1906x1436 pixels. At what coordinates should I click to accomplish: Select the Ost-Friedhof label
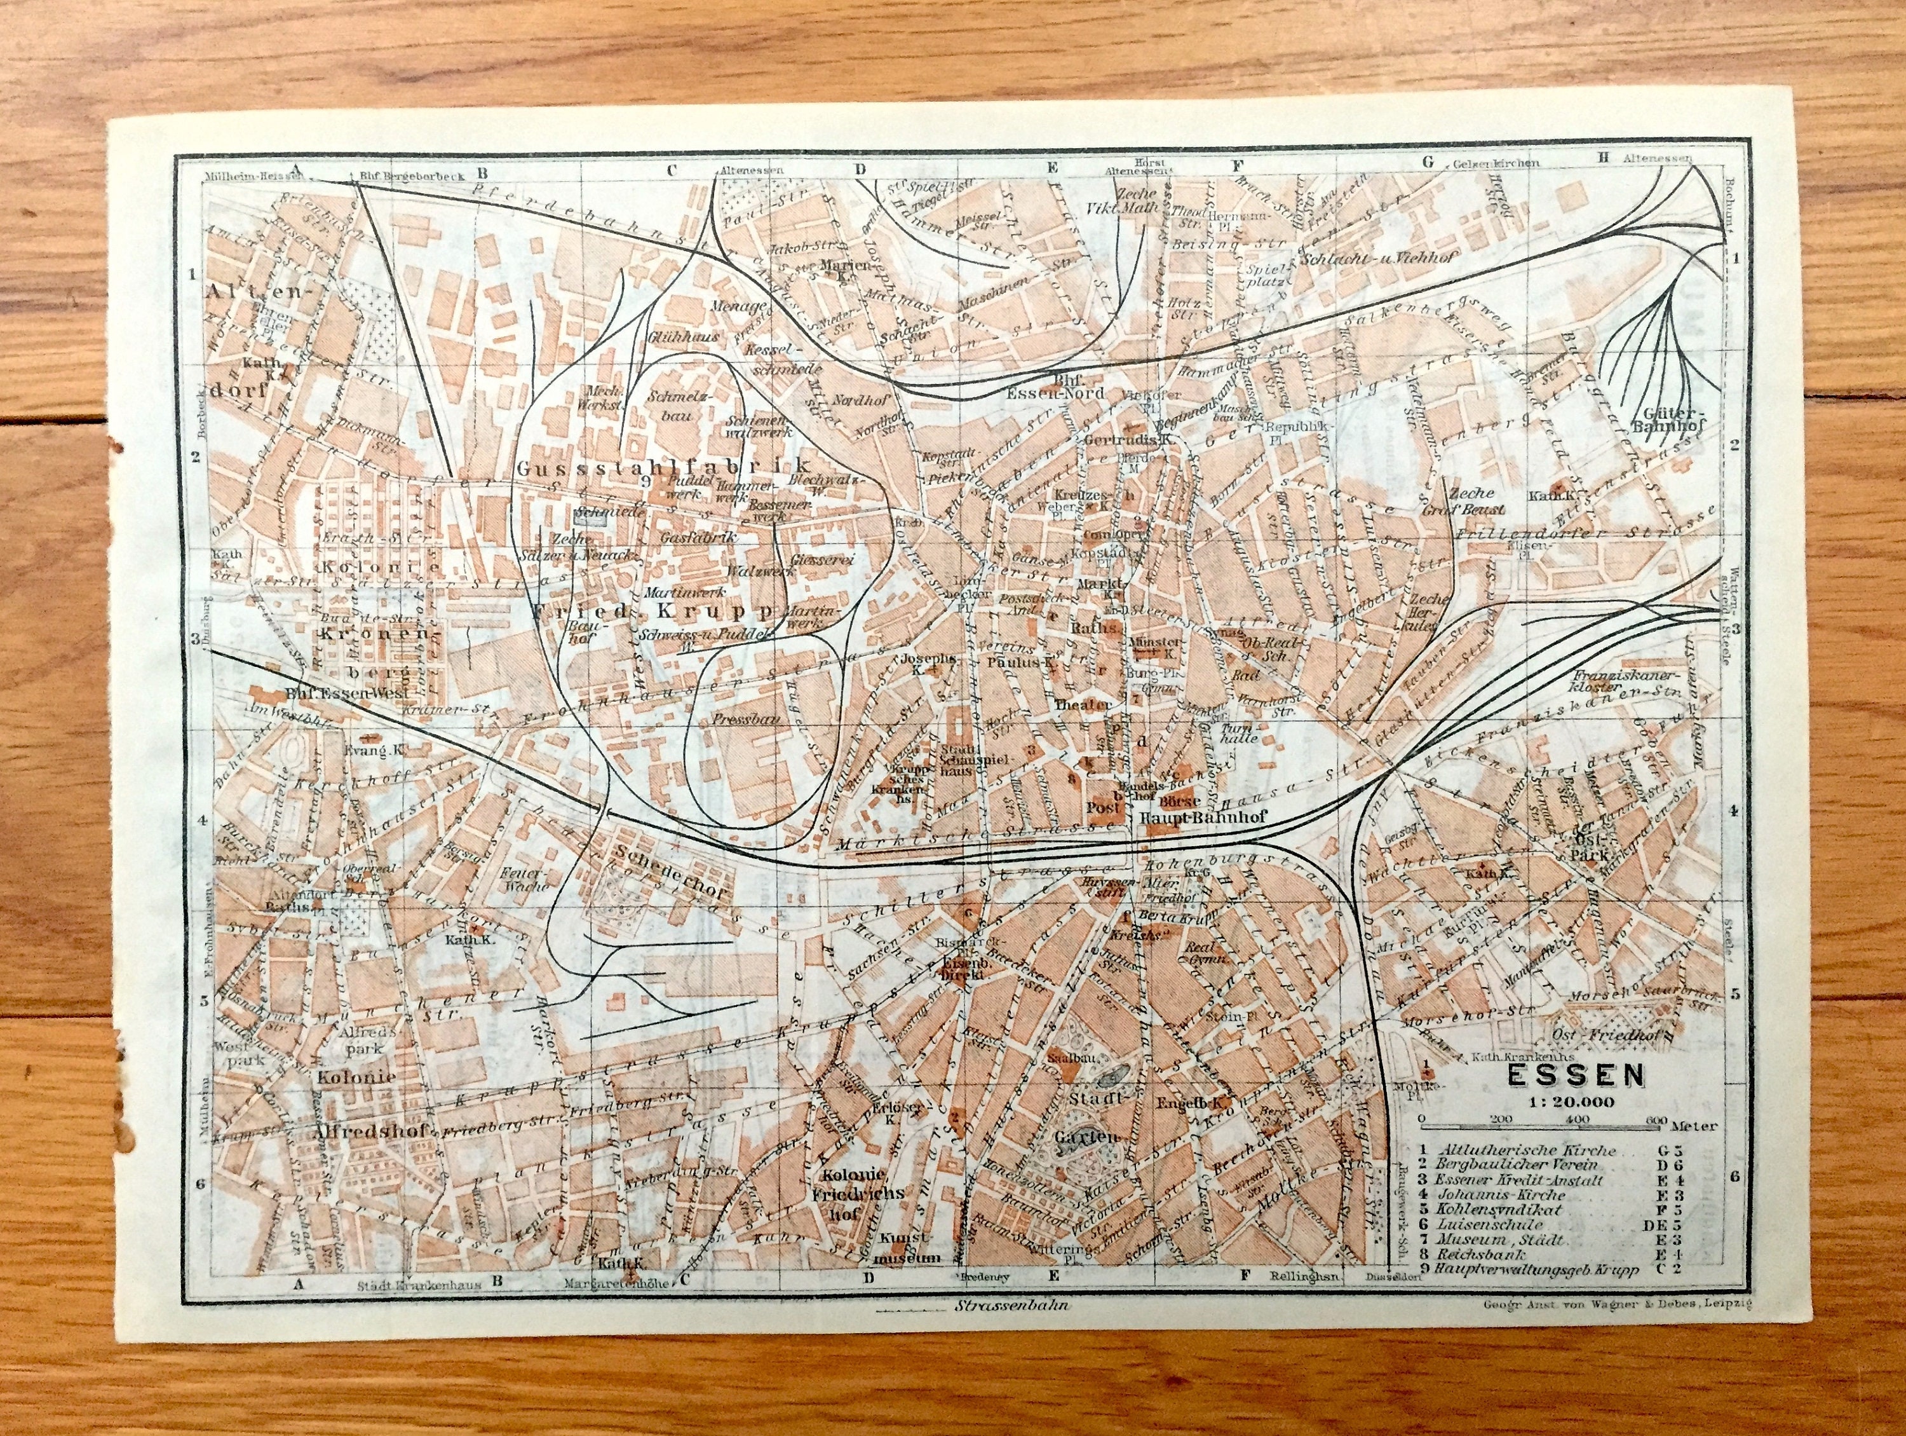point(1600,1034)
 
